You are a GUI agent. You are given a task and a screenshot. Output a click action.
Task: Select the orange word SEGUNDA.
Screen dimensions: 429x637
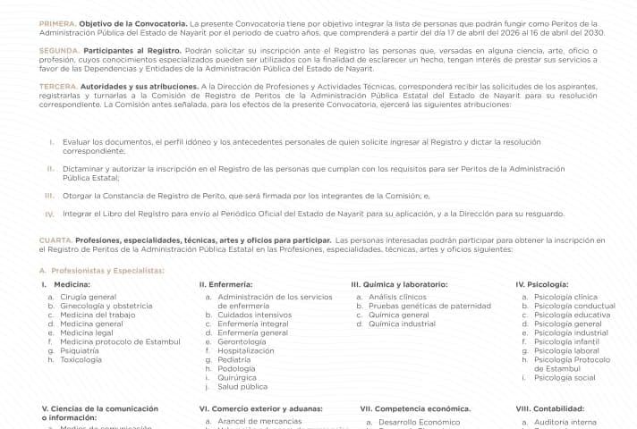click(x=59, y=52)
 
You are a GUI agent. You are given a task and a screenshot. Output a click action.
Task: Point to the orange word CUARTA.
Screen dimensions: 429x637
click(x=55, y=240)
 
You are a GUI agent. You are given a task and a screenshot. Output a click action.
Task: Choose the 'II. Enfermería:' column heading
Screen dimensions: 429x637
click(x=225, y=284)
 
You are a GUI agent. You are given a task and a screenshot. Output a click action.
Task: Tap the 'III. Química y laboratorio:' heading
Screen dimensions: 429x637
click(x=399, y=284)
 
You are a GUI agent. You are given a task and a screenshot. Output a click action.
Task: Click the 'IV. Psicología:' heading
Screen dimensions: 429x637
click(x=542, y=284)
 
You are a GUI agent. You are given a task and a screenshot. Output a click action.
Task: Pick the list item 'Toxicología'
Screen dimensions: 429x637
click(x=81, y=359)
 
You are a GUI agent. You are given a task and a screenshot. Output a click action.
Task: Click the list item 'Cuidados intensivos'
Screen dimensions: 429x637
click(x=254, y=315)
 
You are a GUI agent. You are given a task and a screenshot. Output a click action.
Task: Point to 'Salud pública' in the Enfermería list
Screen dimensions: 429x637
click(x=242, y=386)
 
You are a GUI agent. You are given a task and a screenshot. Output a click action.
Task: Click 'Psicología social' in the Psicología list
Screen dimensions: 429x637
click(x=565, y=377)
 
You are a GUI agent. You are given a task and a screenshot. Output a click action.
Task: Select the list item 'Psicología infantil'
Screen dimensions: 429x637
click(x=566, y=341)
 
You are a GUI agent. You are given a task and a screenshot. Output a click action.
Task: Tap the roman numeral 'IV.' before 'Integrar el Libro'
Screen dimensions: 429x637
click(x=49, y=214)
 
